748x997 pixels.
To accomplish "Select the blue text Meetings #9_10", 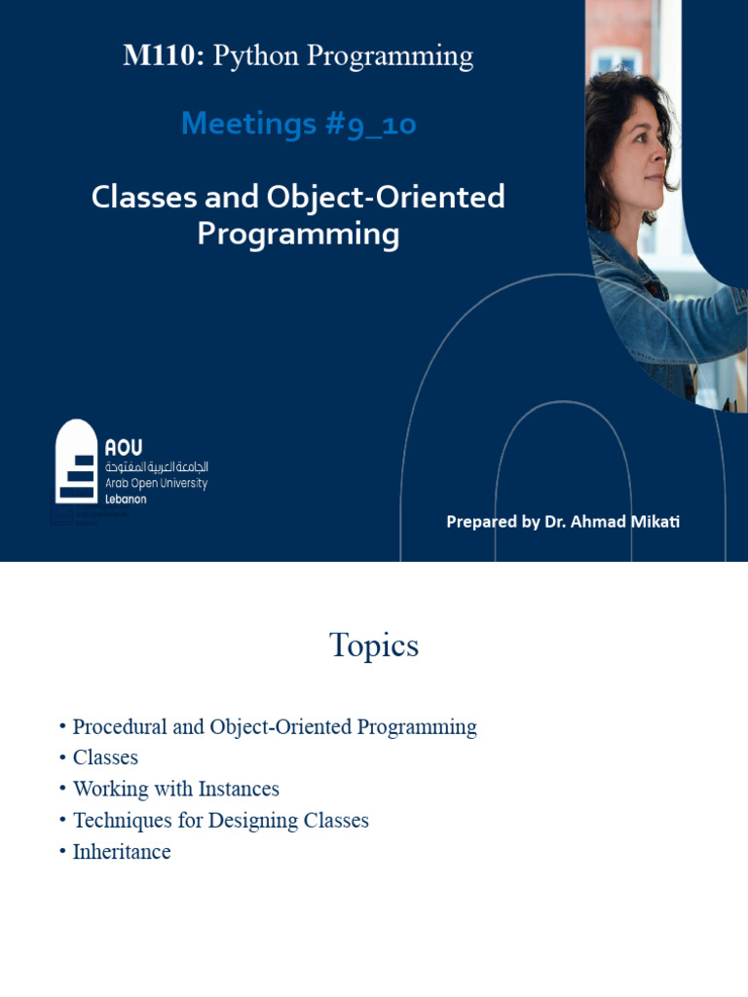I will [298, 124].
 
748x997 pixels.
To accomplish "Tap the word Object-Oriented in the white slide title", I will [401, 198].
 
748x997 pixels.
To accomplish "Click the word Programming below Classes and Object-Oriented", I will [298, 235].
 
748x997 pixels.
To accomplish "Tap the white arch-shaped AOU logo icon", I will [76, 462].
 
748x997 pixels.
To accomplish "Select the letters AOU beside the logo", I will [124, 448].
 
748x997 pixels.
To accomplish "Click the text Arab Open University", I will [156, 483].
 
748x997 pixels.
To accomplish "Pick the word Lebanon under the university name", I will [126, 498].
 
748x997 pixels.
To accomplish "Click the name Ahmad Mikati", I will [624, 522].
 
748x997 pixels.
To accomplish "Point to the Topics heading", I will [374, 646].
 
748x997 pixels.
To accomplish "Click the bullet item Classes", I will [105, 758].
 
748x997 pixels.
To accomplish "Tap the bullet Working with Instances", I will [175, 790].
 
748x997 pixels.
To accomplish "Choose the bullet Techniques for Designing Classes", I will [220, 821].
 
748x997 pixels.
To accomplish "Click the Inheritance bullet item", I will [122, 852].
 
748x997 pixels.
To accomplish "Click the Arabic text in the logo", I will [156, 467].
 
